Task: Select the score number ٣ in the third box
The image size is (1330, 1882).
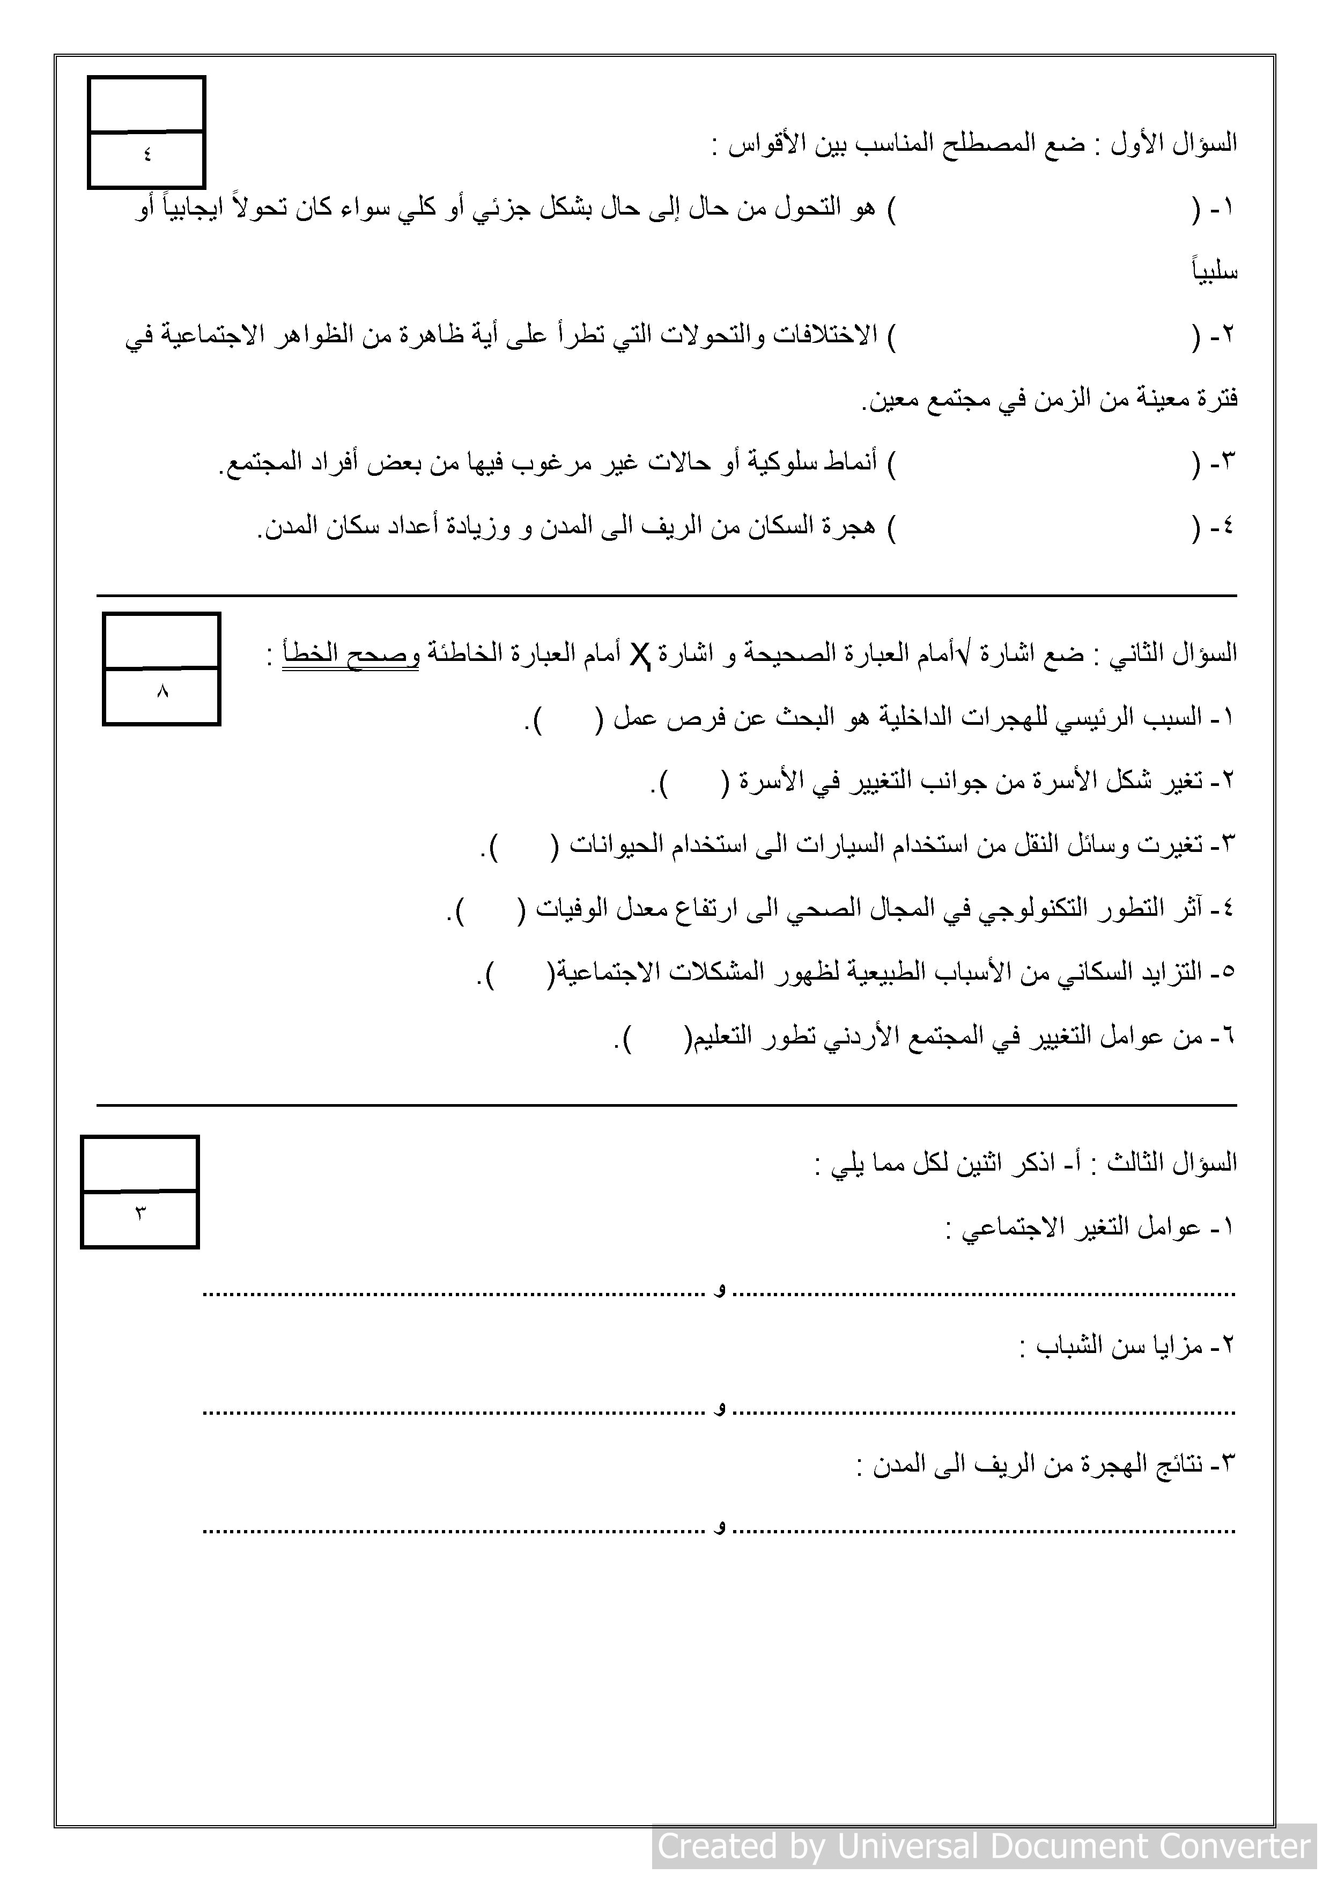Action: [140, 1213]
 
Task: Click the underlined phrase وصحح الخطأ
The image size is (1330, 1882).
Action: [351, 654]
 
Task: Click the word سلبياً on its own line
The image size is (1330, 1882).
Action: [1215, 272]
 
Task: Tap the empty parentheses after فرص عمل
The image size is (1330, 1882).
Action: [568, 719]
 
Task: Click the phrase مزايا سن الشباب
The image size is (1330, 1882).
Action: [1119, 1346]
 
